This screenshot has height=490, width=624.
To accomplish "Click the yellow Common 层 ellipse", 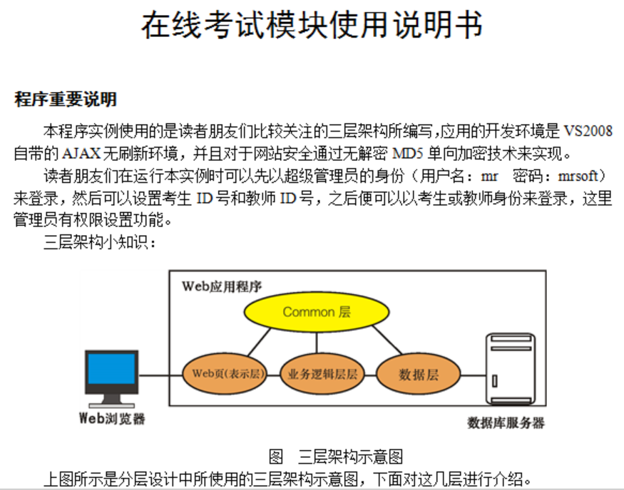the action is click(317, 312).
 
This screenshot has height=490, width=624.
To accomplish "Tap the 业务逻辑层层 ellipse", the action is click(322, 374).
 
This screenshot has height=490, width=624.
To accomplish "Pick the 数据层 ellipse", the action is click(418, 374).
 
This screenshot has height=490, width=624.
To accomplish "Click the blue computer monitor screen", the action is click(111, 369).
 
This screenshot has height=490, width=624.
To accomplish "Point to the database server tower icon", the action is click(511, 369).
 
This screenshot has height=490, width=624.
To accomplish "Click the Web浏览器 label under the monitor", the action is click(112, 419).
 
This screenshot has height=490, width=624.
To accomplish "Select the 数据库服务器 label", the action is click(506, 423).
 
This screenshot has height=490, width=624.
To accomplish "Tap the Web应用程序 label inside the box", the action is click(222, 286).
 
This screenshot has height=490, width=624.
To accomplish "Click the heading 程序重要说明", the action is click(66, 99).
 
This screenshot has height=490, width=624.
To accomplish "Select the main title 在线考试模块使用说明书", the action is click(312, 25).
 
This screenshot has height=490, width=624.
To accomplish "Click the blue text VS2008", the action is click(588, 131).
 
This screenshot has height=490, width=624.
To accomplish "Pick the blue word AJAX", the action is click(81, 153).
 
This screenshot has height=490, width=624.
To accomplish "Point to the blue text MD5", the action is click(407, 153).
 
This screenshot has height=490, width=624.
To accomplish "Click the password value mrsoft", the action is click(578, 176).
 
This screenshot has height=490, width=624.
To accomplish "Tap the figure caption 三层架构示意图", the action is click(351, 457).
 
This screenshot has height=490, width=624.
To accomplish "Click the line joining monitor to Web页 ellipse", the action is click(160, 375).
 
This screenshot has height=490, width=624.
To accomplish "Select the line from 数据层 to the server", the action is click(474, 375).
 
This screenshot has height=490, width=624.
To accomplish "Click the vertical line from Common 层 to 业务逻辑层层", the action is click(317, 342).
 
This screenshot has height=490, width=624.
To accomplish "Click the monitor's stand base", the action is click(112, 406).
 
